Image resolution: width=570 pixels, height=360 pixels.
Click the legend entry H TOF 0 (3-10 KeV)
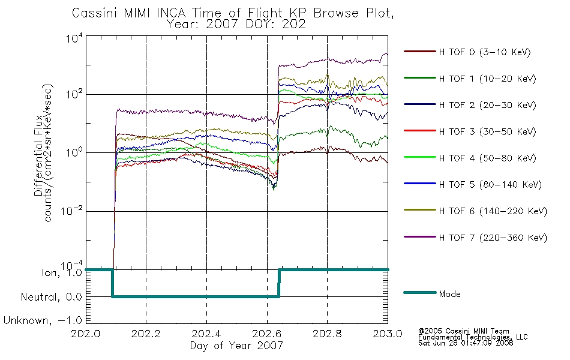click(x=484, y=52)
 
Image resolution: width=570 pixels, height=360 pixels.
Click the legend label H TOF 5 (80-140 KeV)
click(x=490, y=184)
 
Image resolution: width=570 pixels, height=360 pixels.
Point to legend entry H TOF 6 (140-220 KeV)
click(x=493, y=211)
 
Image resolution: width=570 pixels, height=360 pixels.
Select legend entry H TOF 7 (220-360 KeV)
click(x=493, y=238)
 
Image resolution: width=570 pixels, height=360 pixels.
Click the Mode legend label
click(x=449, y=294)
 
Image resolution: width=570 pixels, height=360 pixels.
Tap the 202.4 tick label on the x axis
click(x=206, y=335)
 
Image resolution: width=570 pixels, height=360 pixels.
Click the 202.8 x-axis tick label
click(x=327, y=335)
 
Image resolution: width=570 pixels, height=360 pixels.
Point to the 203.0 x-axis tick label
click(x=388, y=335)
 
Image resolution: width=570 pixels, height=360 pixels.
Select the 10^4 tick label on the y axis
click(x=74, y=39)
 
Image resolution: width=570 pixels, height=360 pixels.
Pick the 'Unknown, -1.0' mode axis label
click(x=43, y=320)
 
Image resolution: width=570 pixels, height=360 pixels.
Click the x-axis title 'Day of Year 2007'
click(x=236, y=346)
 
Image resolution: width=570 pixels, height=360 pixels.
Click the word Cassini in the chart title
click(x=92, y=13)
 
